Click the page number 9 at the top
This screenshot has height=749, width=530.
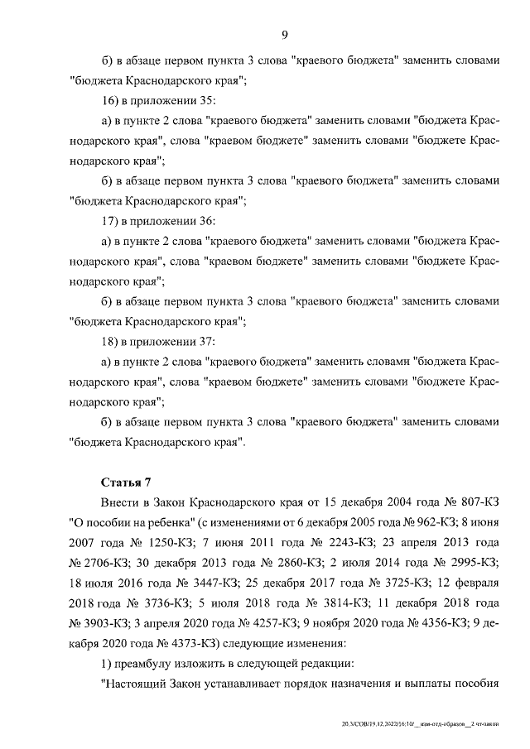click(284, 34)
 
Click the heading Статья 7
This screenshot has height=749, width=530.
click(126, 482)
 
